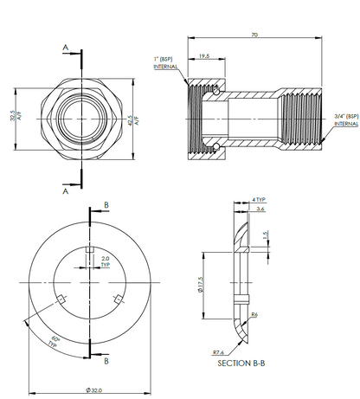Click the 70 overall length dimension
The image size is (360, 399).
[x=254, y=35]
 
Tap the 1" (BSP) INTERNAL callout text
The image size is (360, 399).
[x=165, y=62]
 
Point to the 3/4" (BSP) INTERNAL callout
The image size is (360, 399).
[x=346, y=119]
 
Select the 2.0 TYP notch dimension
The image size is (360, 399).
[x=106, y=261]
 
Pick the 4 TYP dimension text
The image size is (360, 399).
[x=259, y=200]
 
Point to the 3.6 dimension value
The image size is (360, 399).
[x=259, y=209]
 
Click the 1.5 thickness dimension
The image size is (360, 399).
[x=265, y=235]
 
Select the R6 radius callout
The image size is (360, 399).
[x=254, y=315]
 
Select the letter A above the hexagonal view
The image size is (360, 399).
[x=64, y=48]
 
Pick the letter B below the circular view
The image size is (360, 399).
[x=106, y=357]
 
